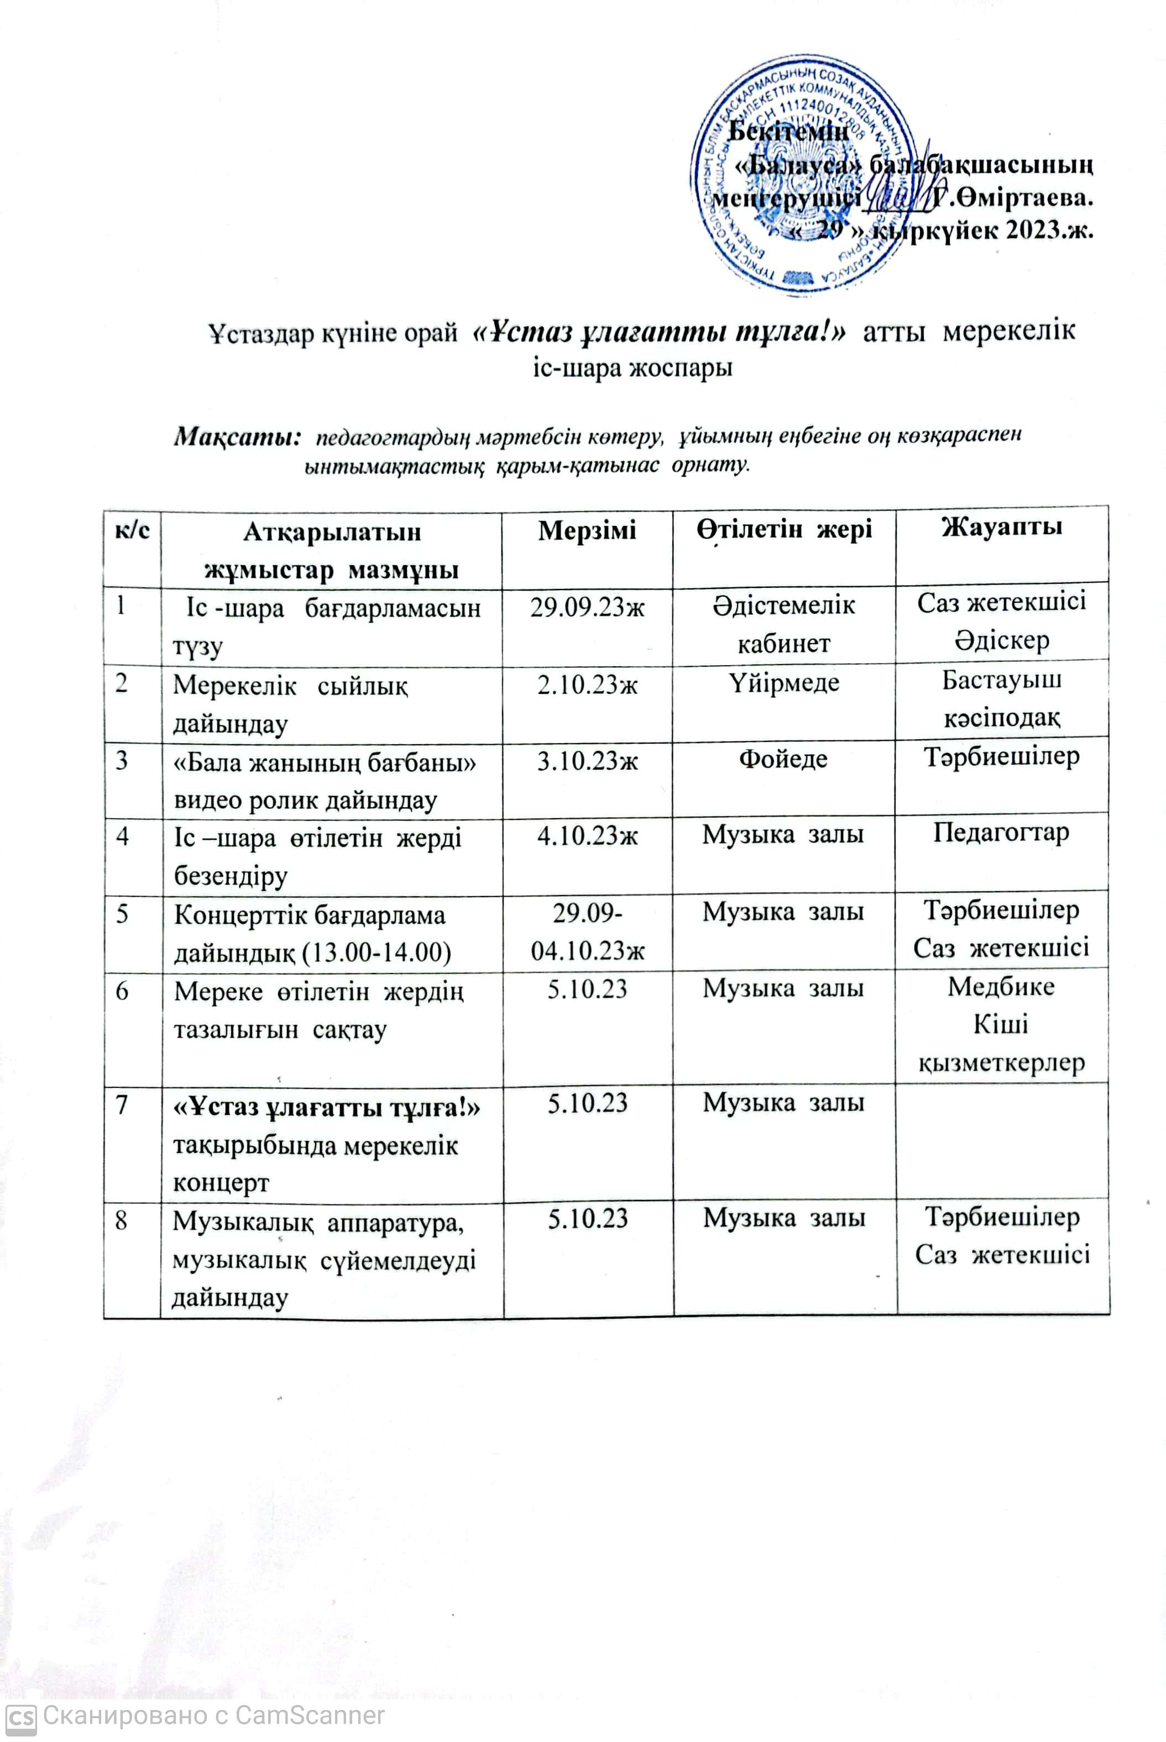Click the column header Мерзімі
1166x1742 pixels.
tap(587, 530)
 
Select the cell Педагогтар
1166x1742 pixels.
tap(1001, 833)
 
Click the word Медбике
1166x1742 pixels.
tap(1001, 987)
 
